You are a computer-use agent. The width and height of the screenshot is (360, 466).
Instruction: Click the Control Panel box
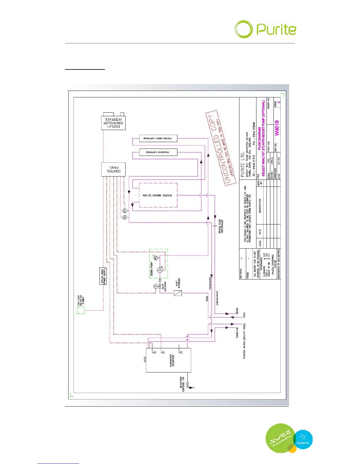coord(113,169)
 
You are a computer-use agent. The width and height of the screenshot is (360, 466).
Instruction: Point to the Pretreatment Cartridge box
coord(158,138)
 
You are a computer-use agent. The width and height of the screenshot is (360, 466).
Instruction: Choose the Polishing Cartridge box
coord(158,152)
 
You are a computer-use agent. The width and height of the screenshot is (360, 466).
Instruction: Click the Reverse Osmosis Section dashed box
coord(158,195)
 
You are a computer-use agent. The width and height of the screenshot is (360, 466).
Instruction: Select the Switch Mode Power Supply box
coord(103,276)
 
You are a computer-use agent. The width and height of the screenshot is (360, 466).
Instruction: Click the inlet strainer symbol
coord(178,293)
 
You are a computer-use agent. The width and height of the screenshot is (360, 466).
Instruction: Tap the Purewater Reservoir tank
coord(169,360)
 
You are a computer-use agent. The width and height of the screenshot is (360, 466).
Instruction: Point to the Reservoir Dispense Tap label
coord(182,382)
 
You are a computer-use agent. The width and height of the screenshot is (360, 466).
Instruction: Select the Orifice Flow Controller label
coord(221,226)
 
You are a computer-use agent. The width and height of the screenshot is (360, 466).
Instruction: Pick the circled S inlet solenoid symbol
coord(156,286)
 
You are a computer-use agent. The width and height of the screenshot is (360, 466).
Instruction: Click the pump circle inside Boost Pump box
coord(160,270)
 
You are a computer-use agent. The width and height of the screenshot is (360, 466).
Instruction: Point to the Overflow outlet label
coord(237,332)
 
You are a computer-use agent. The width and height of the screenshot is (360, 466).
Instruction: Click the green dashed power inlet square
coord(81,310)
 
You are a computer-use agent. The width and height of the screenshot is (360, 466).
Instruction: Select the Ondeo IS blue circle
coord(303,440)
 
